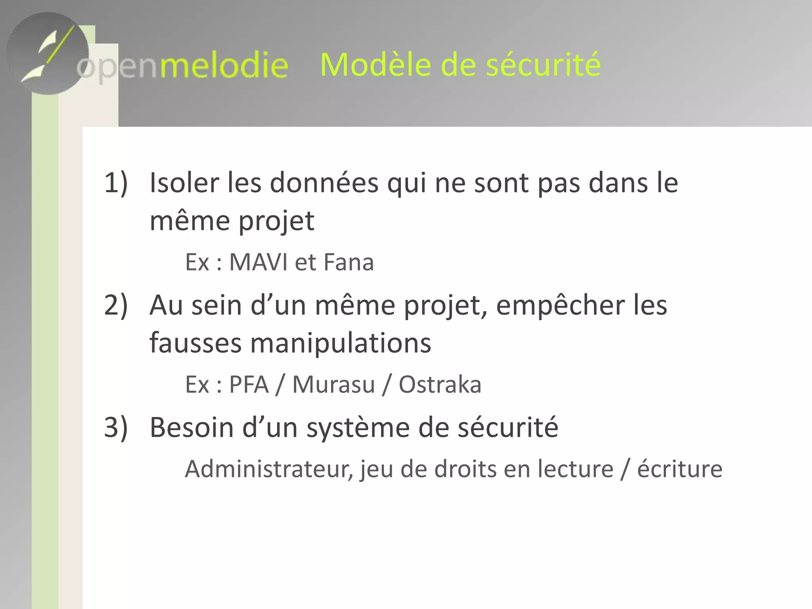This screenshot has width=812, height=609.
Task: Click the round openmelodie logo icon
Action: [x=48, y=54]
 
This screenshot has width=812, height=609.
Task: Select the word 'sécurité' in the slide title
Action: [x=543, y=65]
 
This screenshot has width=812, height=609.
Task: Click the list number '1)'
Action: [x=116, y=183]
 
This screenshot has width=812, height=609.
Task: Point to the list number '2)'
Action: [x=116, y=305]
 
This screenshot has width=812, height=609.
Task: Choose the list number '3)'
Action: [x=116, y=428]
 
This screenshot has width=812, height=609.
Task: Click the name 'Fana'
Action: [x=349, y=262]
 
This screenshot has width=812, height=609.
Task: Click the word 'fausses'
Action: [x=195, y=343]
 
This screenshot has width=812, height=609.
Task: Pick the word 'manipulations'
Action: [x=341, y=343]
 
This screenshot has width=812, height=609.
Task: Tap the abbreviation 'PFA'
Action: [x=249, y=385]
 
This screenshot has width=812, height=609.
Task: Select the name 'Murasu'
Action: [x=333, y=385]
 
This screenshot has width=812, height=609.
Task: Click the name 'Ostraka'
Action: [x=440, y=385]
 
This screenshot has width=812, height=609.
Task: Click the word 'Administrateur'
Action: [x=268, y=469]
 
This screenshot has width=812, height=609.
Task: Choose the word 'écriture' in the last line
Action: [x=680, y=469]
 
